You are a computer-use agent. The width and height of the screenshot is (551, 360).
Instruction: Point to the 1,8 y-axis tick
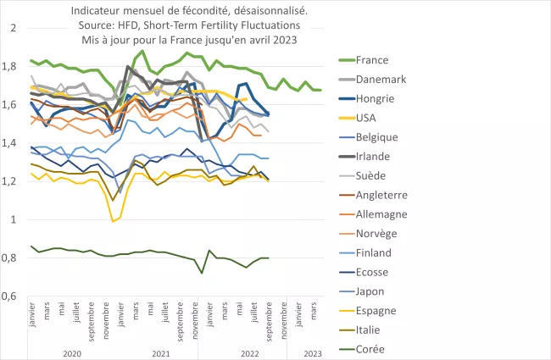click(x=14, y=66)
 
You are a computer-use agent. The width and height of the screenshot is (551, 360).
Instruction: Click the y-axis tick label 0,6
click(x=14, y=296)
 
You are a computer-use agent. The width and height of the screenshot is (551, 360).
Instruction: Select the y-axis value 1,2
click(x=14, y=181)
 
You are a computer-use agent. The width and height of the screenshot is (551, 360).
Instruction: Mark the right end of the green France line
click(x=320, y=90)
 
